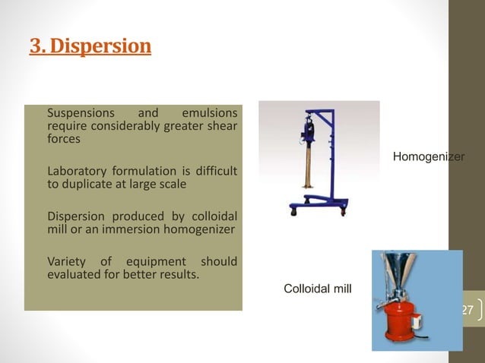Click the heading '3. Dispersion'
[x=90, y=47]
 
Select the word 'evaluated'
[x=74, y=274]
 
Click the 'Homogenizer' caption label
[x=428, y=156]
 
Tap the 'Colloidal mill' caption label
[x=317, y=289]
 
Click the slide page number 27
[x=468, y=310]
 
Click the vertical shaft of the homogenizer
[x=310, y=167]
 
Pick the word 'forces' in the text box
[x=65, y=139]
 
